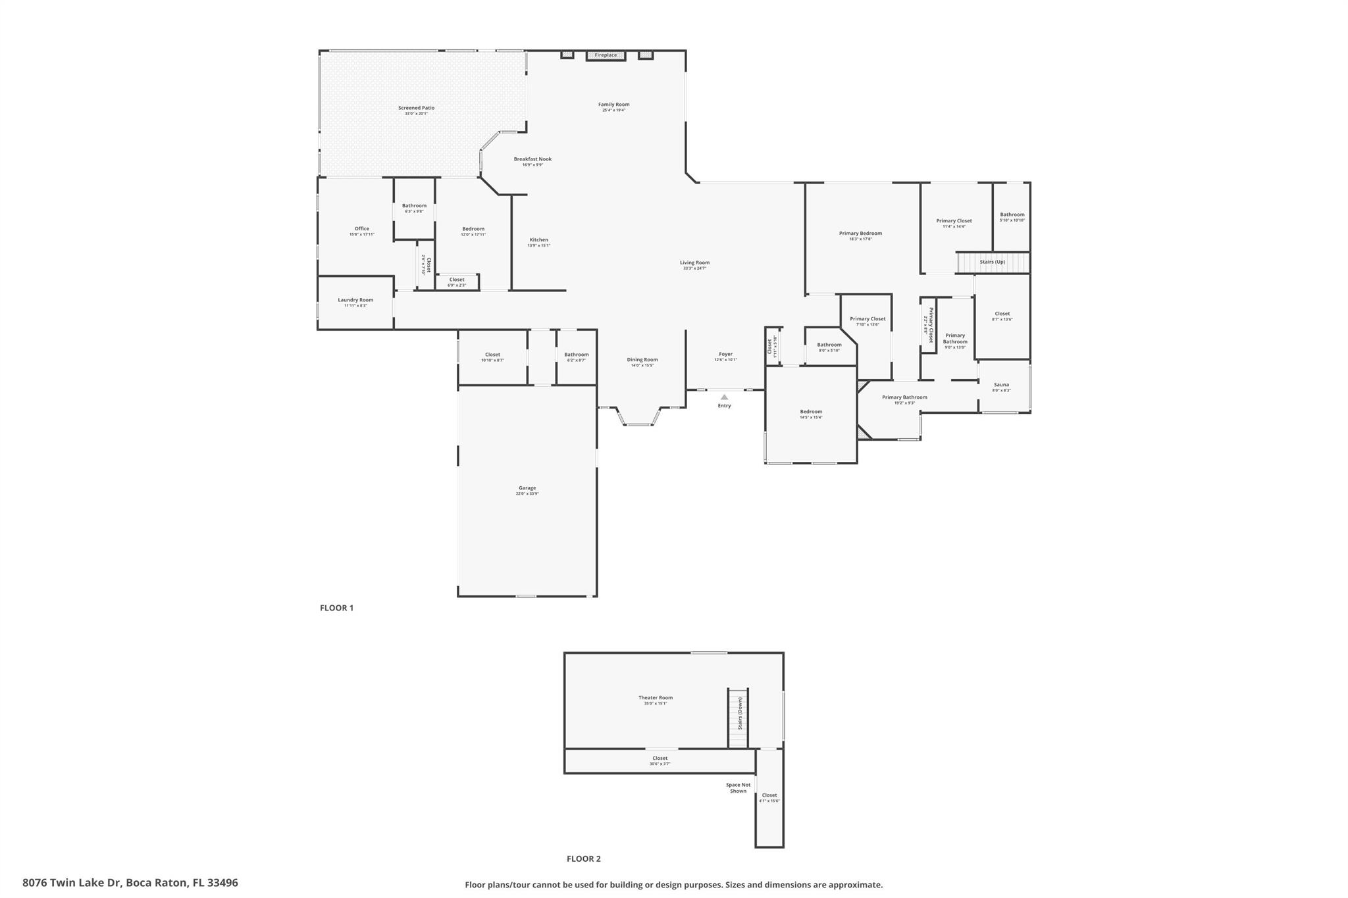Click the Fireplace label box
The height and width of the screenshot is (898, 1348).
tap(606, 55)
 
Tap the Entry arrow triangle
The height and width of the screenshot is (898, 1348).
tap(724, 397)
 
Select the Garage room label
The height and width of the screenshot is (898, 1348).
tap(527, 488)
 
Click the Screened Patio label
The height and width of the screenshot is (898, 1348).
tap(416, 108)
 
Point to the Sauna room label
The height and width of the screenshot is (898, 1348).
tap(1001, 385)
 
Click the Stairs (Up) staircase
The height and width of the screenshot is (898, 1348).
tap(993, 262)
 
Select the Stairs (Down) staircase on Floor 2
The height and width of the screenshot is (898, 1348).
tap(738, 718)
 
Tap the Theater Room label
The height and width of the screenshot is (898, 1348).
tap(656, 698)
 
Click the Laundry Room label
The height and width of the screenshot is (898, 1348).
tap(355, 300)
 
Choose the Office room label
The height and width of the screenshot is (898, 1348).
tap(362, 229)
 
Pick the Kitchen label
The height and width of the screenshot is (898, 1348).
tap(538, 240)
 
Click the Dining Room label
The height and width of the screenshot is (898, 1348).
tap(642, 360)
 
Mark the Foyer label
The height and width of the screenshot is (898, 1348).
tap(725, 354)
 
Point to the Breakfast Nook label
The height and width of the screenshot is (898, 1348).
tap(532, 159)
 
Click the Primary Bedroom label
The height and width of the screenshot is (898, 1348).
tap(860, 234)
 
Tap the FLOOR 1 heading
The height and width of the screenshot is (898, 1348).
tap(336, 608)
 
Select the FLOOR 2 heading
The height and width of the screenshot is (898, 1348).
tap(583, 859)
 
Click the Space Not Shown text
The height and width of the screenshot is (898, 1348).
tap(738, 787)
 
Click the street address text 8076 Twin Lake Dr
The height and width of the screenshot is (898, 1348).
tap(130, 883)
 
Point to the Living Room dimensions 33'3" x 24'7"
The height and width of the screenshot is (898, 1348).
tap(694, 268)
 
